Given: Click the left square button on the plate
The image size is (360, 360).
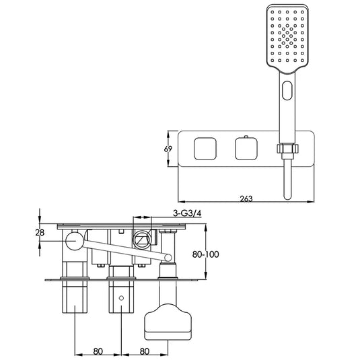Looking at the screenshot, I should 204,148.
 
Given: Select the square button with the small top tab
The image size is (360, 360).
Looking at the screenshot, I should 246,148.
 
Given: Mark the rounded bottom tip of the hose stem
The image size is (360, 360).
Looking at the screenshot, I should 289,195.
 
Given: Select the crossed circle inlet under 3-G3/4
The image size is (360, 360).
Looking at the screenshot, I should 142,238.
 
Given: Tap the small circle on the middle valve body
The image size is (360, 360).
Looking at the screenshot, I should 121,297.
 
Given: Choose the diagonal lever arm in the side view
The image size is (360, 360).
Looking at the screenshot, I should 121,248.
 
